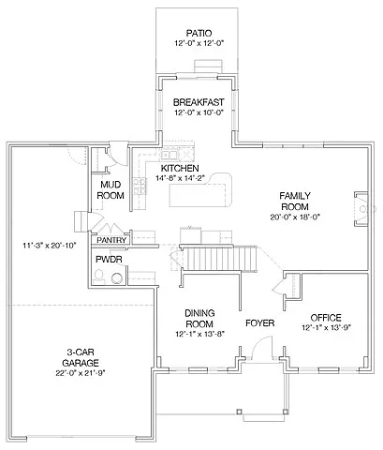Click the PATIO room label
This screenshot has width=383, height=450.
199,32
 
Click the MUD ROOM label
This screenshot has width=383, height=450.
112,190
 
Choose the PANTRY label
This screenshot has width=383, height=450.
110,240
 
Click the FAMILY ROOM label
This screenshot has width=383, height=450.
294,201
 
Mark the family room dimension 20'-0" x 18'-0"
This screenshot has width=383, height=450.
294,217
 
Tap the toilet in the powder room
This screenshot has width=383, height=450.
116,276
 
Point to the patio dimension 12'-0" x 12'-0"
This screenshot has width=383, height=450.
199,43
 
